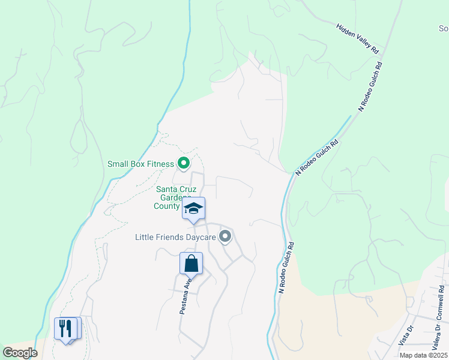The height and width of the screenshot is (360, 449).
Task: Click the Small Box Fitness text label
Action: pyautogui.click(x=140, y=163)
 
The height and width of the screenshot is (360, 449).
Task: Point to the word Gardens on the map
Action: pyautogui.click(x=174, y=197)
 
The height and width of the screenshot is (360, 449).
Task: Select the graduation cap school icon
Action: pyautogui.click(x=193, y=209)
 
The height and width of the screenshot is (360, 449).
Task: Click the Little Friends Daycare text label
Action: pyautogui.click(x=175, y=238)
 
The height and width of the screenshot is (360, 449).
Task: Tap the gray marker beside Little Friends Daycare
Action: pyautogui.click(x=225, y=237)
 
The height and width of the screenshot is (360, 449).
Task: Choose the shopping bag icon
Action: pyautogui.click(x=191, y=263)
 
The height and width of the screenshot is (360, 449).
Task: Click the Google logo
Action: pyautogui.click(x=20, y=353)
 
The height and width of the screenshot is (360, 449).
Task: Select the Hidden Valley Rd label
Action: pyautogui.click(x=360, y=38)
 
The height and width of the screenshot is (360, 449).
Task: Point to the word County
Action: pyautogui.click(x=166, y=206)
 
